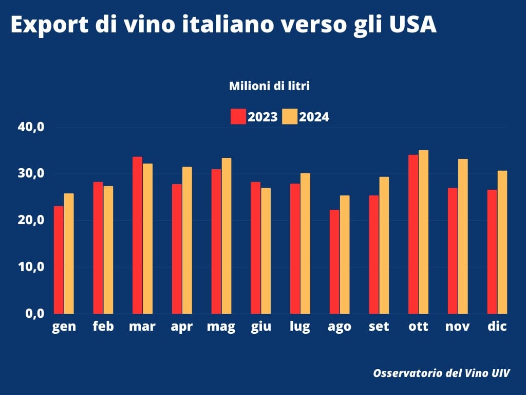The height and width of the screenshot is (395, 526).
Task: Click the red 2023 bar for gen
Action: point(59,260)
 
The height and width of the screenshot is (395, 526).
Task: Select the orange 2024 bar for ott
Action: point(423,232)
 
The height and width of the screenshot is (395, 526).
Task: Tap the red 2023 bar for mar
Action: point(137,235)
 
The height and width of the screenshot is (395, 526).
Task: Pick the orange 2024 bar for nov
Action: point(463,236)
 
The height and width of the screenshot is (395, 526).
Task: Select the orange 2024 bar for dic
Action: point(502,242)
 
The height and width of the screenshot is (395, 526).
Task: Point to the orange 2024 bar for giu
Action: point(266,250)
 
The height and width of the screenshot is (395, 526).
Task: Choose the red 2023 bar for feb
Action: point(98,247)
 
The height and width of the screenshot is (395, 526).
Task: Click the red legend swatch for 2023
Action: point(238,117)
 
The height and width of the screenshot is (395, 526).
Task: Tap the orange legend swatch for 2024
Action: point(290,117)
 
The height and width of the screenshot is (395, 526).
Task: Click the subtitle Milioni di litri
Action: point(269,86)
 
